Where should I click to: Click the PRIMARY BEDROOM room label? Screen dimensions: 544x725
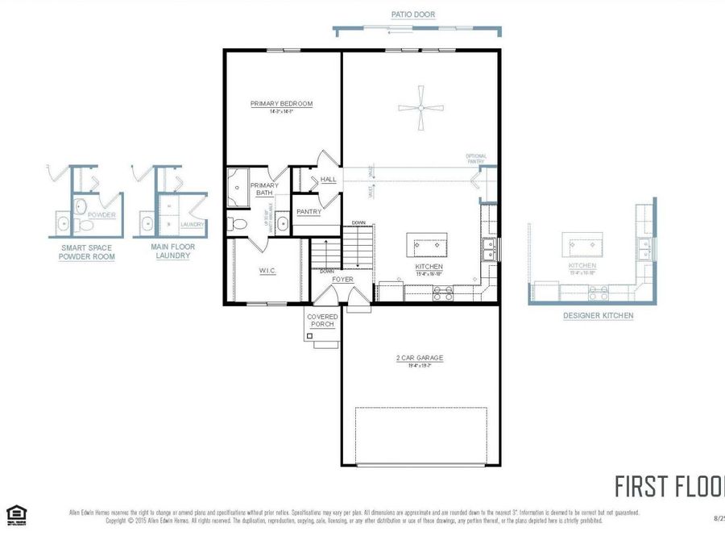click(x=281, y=104)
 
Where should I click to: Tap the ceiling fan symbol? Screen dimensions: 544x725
click(x=421, y=110)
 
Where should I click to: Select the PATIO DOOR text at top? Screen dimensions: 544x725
click(x=414, y=15)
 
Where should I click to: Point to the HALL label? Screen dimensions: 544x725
click(x=329, y=180)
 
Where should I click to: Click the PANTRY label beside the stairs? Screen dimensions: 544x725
click(x=309, y=212)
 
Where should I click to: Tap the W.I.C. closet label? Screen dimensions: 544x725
click(x=267, y=271)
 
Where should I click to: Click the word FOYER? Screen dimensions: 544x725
click(x=343, y=279)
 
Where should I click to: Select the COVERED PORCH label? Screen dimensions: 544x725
click(x=322, y=321)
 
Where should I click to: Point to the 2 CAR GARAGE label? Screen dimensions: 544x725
click(x=419, y=358)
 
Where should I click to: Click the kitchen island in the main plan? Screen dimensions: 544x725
click(x=428, y=243)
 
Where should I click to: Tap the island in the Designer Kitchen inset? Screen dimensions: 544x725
click(x=582, y=241)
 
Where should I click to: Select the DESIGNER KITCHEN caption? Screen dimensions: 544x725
click(x=598, y=316)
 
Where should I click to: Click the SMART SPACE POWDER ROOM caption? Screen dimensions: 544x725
click(x=86, y=252)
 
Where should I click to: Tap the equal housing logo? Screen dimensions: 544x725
click(x=16, y=514)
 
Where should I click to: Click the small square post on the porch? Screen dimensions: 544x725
click(x=310, y=334)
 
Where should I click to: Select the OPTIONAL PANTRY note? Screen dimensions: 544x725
click(x=476, y=159)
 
